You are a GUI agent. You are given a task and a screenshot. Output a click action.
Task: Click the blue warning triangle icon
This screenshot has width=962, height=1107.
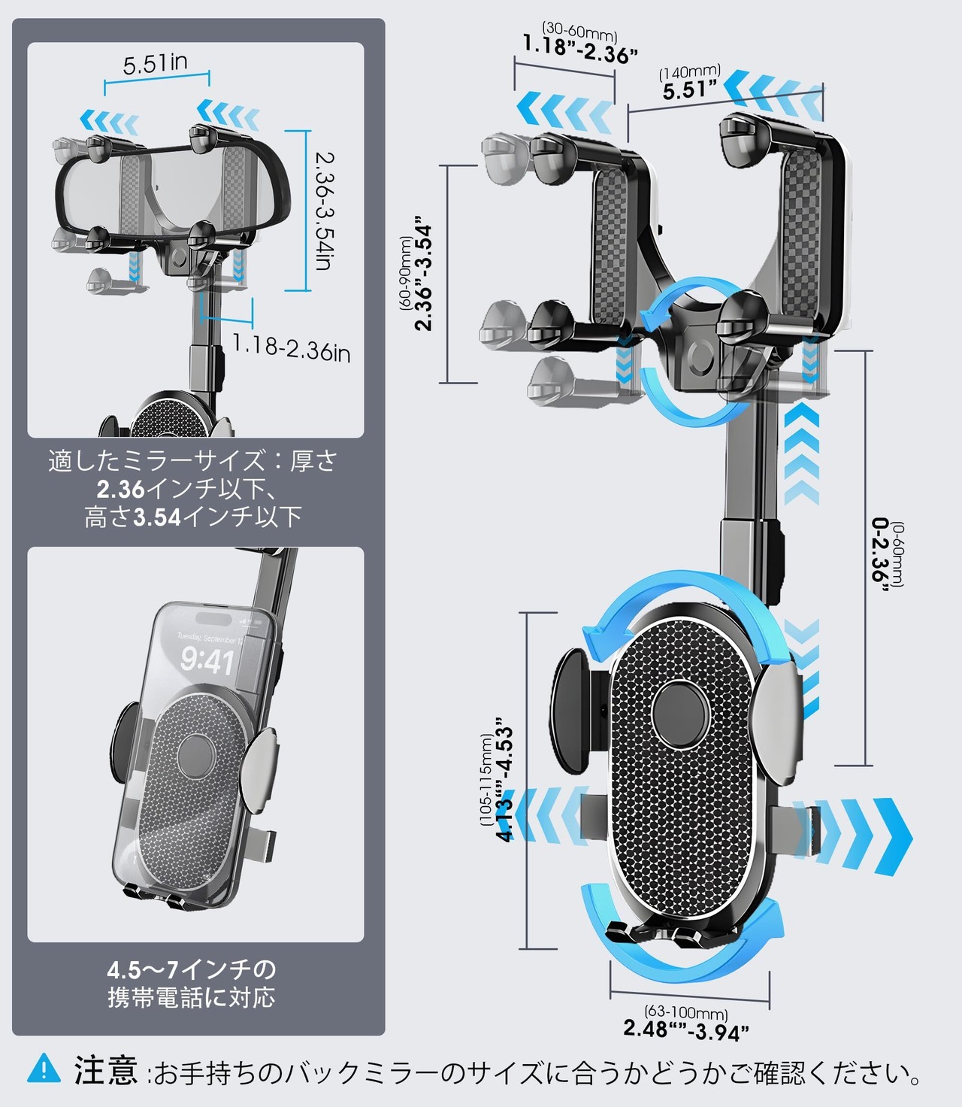tap(44, 1069)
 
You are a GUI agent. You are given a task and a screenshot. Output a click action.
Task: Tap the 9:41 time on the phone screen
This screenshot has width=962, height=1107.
tap(207, 662)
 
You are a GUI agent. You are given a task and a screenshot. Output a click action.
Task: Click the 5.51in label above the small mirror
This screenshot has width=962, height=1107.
tap(156, 64)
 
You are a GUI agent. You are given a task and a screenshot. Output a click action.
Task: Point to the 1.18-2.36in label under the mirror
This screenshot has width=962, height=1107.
tap(291, 348)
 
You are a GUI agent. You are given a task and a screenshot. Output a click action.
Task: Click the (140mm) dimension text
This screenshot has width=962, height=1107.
tap(690, 73)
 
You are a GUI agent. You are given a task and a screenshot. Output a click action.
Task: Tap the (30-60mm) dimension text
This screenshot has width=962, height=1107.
tap(579, 32)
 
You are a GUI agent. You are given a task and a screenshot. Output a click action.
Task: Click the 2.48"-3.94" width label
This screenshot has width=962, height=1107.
tap(686, 1030)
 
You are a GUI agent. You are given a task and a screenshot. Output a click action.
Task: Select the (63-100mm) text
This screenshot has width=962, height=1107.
tap(686, 1013)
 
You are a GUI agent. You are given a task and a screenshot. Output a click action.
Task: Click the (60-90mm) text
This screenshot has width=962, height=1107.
tap(407, 273)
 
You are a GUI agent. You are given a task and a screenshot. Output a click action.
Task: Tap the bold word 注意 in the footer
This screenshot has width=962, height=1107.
tap(106, 1069)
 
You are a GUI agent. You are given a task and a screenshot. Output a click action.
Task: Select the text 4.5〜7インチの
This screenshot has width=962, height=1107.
tap(192, 969)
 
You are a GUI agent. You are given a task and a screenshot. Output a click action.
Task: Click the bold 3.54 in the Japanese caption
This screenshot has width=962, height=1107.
tap(157, 517)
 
